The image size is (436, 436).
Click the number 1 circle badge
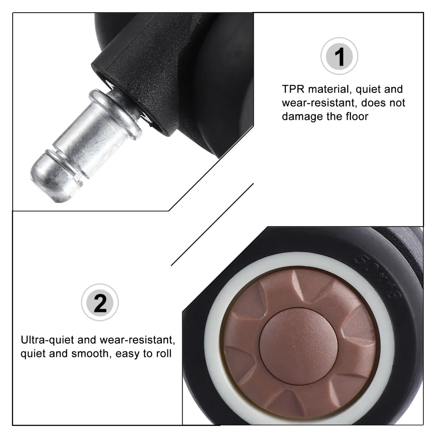(x=339, y=57)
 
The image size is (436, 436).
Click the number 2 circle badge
(x=100, y=303)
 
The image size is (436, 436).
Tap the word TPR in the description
(x=295, y=89)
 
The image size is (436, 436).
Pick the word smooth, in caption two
(x=89, y=353)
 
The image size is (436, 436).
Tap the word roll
(x=162, y=353)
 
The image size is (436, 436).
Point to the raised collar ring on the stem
(x=115, y=114)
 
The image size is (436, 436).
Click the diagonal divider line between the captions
(x=212, y=224)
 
